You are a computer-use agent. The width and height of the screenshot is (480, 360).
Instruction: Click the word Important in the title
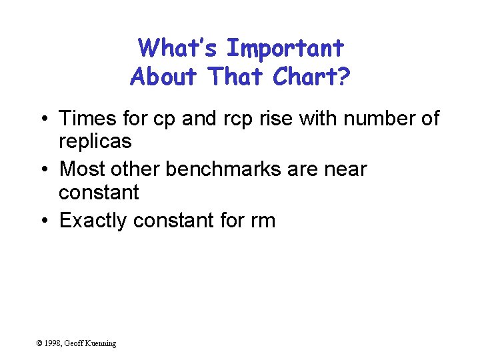pos(285,49)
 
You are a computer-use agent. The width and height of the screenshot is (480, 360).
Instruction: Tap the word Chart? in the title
pos(311,77)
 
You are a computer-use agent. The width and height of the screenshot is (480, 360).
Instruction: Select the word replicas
pos(95,141)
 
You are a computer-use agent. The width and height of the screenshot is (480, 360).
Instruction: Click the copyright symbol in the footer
pos(39,343)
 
